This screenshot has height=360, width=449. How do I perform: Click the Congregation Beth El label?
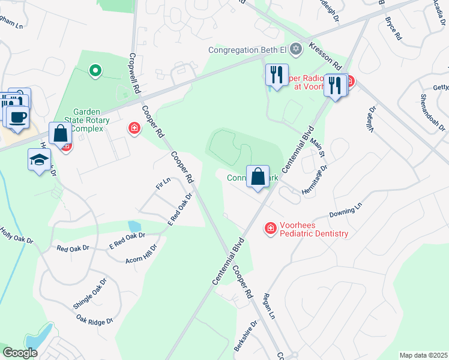point(247,50)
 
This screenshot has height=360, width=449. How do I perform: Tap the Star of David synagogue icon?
point(295,49)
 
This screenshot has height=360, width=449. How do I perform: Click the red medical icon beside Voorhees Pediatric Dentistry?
point(270,229)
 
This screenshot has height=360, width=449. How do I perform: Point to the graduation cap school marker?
point(39,160)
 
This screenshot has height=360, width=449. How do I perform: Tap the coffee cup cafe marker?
point(17,116)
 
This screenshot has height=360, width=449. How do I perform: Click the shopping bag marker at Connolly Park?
point(258,177)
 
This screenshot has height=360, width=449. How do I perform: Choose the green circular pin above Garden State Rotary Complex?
point(94,71)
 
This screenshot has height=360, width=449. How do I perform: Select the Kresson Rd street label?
point(325,55)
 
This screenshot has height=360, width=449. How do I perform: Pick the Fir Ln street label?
point(163,184)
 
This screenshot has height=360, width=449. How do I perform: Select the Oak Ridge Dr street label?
point(95,319)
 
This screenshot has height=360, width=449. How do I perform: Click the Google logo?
point(20,353)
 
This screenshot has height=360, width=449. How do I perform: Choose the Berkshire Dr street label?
point(248,332)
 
